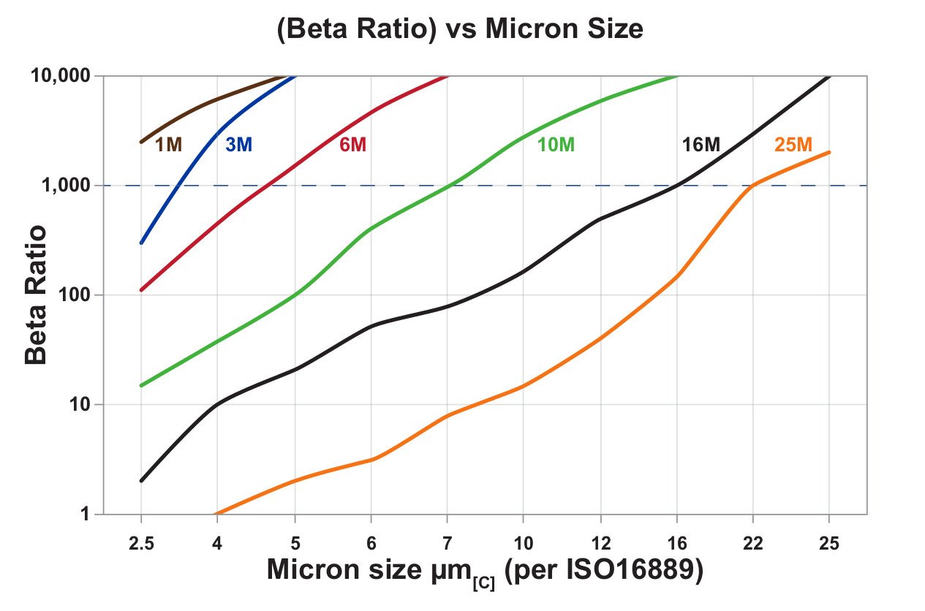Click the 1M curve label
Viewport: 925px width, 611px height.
coord(168,145)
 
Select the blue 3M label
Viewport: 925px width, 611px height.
coord(238,145)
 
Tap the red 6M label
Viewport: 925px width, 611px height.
coord(352,145)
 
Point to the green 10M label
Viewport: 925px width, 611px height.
coord(556,145)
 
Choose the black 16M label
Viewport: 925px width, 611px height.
coord(701,145)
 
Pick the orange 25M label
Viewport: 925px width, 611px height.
coord(793,145)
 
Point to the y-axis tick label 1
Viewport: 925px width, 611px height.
coord(83,515)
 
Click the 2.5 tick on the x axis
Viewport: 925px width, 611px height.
coord(140,544)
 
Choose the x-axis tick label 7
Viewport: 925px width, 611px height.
coord(446,544)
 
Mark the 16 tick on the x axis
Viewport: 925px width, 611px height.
coord(676,544)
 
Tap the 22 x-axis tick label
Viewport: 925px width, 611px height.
coord(752,544)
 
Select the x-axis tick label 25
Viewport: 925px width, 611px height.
coord(829,544)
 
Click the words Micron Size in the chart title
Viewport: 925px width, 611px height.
coord(563,29)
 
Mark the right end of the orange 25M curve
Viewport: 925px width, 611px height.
coord(829,152)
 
